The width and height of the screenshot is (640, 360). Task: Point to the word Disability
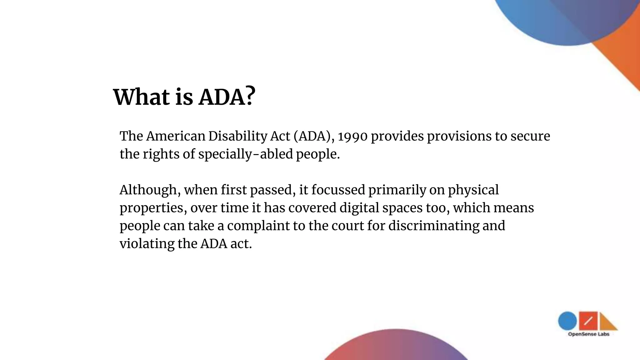click(x=237, y=136)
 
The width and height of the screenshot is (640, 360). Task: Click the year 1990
click(x=352, y=137)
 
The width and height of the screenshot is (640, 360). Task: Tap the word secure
click(x=530, y=137)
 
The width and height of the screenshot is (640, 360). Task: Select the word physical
click(x=473, y=190)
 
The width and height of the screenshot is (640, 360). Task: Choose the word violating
click(x=147, y=244)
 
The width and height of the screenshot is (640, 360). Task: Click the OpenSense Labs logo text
click(x=588, y=334)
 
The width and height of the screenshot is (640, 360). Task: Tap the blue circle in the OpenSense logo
click(x=567, y=321)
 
